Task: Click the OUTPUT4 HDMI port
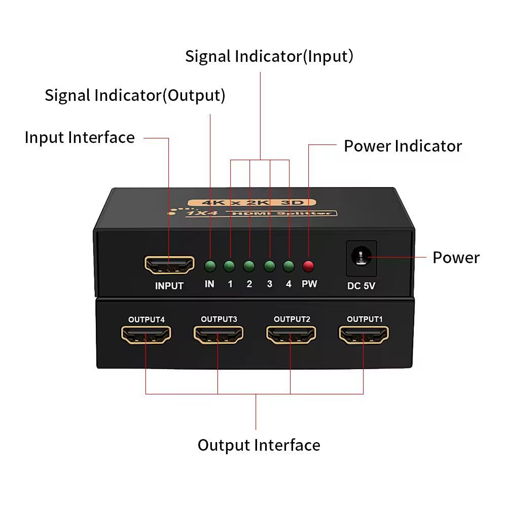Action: coord(146,335)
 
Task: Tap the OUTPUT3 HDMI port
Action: coord(219,335)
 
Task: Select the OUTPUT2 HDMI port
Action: coord(291,335)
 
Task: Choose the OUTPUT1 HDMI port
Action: coord(364,335)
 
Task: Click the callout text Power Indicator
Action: coord(403,146)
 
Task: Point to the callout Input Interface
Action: coord(80,137)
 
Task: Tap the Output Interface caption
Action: coord(259,445)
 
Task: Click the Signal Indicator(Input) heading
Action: coord(269,56)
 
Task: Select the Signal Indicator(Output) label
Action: coord(135,95)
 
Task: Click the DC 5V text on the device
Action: coord(361,286)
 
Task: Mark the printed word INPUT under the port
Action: coord(169,286)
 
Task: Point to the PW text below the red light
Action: coord(309,284)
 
